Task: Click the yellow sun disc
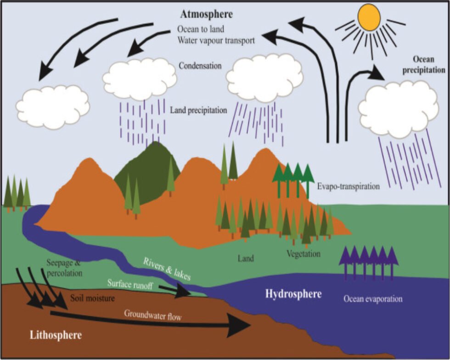point(369,17)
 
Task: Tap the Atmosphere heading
point(206,14)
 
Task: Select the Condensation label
point(200,66)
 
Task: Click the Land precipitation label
point(198,110)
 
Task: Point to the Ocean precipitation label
point(429,65)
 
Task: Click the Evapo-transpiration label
point(349,187)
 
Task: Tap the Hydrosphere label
point(293,294)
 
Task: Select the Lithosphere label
point(56,335)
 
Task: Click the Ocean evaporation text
point(373,299)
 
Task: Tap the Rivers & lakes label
point(167,269)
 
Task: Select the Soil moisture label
point(92,298)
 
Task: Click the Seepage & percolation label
point(64,268)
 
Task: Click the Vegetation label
point(303,253)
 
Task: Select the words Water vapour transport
point(216,40)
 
